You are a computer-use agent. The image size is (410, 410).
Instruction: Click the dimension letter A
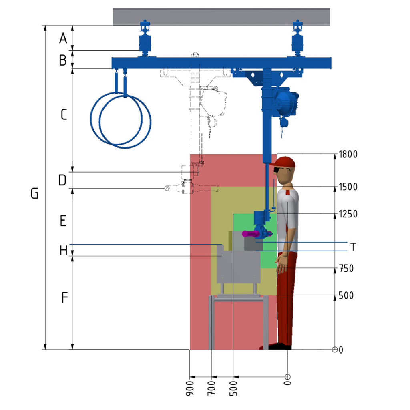pos(63,38)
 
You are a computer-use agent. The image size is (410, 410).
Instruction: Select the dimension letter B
pos(63,60)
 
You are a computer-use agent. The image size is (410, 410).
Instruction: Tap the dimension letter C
pos(64,115)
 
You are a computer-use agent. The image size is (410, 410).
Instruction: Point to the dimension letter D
pos(62,180)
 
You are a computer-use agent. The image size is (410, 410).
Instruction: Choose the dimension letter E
pos(63,221)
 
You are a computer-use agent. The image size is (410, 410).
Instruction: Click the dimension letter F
pos(64,297)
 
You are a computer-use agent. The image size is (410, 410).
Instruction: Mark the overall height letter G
pos(34,193)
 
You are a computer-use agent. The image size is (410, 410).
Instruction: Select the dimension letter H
pos(64,251)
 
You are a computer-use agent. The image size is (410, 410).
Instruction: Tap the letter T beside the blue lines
pos(353,247)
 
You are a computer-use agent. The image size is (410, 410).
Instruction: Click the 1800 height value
pos(348,154)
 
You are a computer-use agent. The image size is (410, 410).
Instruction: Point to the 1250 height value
pos(348,214)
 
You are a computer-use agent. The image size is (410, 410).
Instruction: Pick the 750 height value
pos(346,269)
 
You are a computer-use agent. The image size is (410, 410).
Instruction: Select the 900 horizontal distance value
pos(190,388)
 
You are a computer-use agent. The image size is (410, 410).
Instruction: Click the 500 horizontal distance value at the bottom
pos(233,388)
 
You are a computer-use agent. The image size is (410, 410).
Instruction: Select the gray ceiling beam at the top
pos(221,17)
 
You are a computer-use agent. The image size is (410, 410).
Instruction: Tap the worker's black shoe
pos(280,346)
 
